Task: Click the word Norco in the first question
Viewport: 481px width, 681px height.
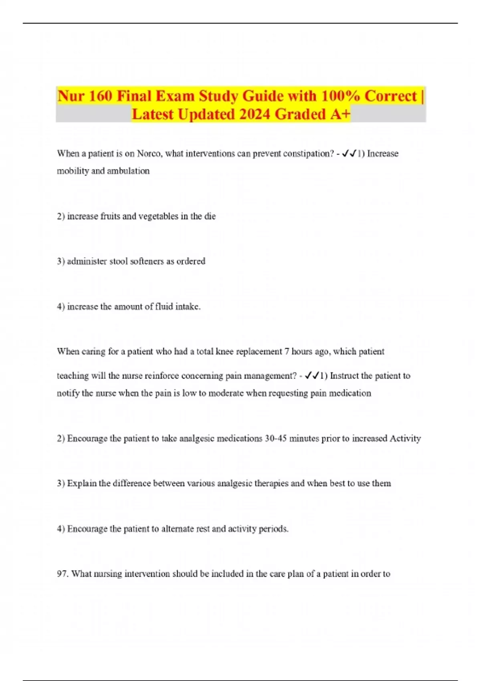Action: (x=149, y=153)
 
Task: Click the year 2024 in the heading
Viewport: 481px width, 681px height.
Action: (x=255, y=115)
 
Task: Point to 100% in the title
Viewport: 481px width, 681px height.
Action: (x=341, y=96)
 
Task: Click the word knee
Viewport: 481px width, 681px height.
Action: (x=224, y=352)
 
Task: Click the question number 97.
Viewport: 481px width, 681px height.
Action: (x=63, y=574)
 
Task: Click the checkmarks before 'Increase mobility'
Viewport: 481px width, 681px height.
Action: (x=350, y=153)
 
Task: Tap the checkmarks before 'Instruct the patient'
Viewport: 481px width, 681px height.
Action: (x=312, y=376)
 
